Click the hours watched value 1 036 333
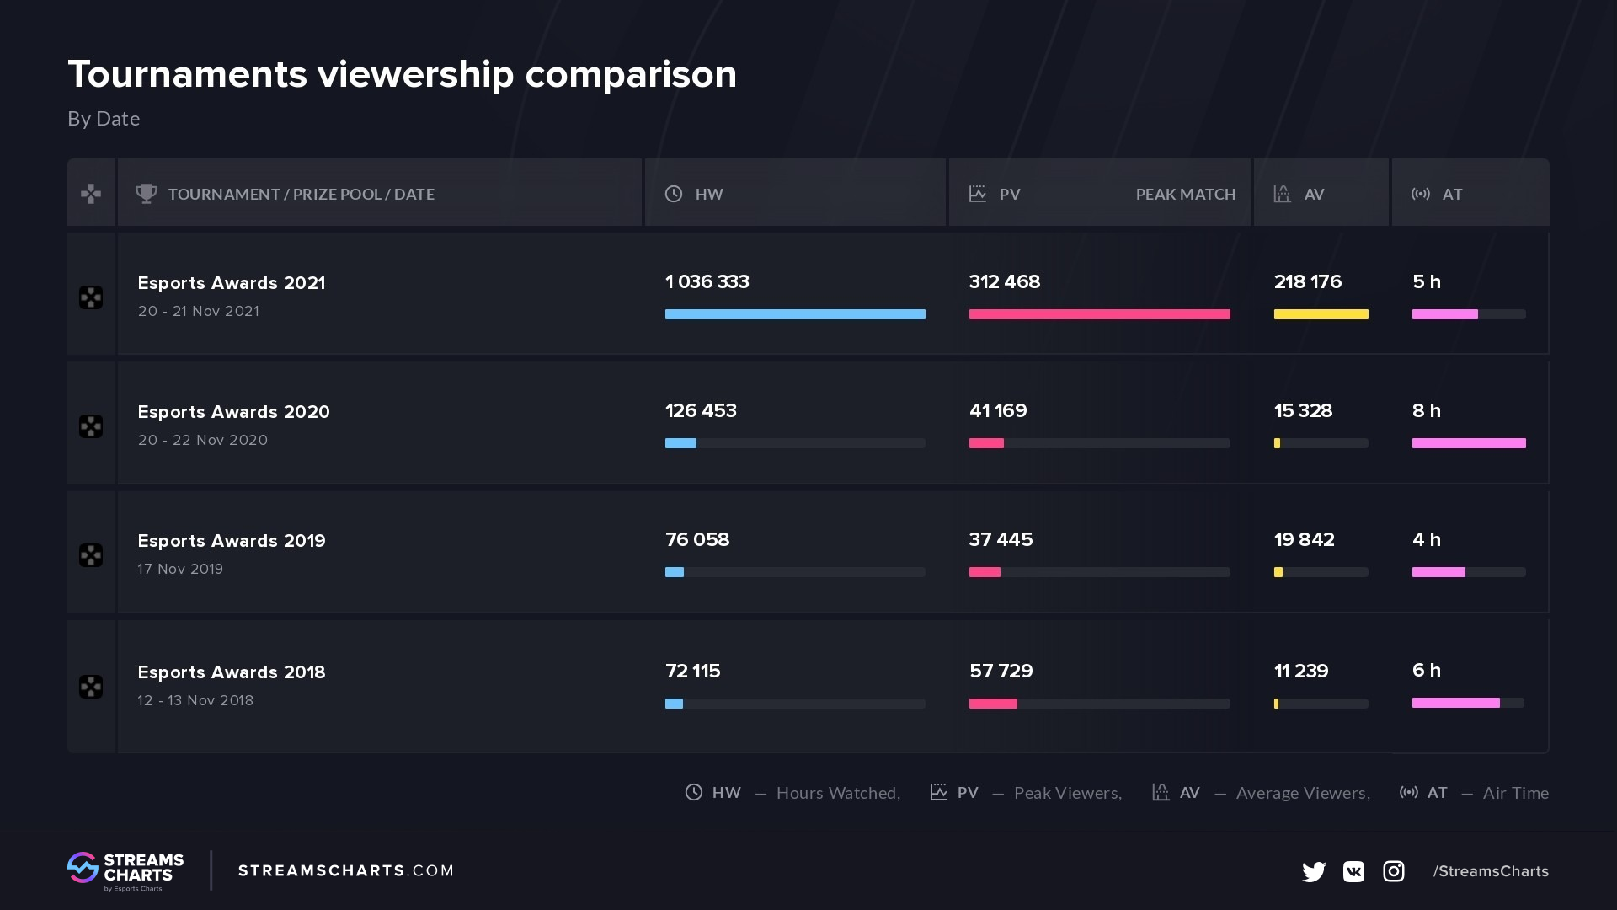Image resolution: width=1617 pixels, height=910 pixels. pos(707,282)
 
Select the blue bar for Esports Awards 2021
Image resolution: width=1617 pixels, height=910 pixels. pos(794,314)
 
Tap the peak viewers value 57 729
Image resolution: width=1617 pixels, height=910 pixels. pos(1001,672)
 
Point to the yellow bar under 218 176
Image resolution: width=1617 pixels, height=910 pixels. pos(1320,314)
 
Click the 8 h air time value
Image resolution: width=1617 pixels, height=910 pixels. pos(1426,411)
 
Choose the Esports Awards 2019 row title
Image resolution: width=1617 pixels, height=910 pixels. pos(232,541)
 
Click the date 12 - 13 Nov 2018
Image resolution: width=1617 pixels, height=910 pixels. pos(195,700)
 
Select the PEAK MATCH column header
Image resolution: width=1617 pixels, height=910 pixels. pos(1185,195)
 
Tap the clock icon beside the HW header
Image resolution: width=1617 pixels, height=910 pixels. pos(674,194)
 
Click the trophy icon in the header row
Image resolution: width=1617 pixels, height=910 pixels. pos(147,194)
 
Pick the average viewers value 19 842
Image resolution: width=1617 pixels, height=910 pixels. pos(1304,540)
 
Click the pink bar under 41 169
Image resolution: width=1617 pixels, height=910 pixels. pos(986,443)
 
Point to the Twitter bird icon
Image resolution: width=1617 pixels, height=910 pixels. pos(1313,871)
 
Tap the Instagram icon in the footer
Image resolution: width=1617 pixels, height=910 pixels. pos(1393,871)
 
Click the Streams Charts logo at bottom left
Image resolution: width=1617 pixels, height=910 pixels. pos(125,871)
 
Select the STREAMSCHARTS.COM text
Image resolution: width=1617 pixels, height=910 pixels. pos(345,871)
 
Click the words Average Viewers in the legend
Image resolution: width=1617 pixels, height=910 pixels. pos(1302,793)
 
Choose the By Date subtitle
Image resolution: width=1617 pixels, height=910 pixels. pos(104,119)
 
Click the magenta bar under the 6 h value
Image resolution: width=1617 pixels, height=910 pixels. pos(1454,703)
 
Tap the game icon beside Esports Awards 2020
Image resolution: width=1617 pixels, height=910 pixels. pos(91,426)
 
